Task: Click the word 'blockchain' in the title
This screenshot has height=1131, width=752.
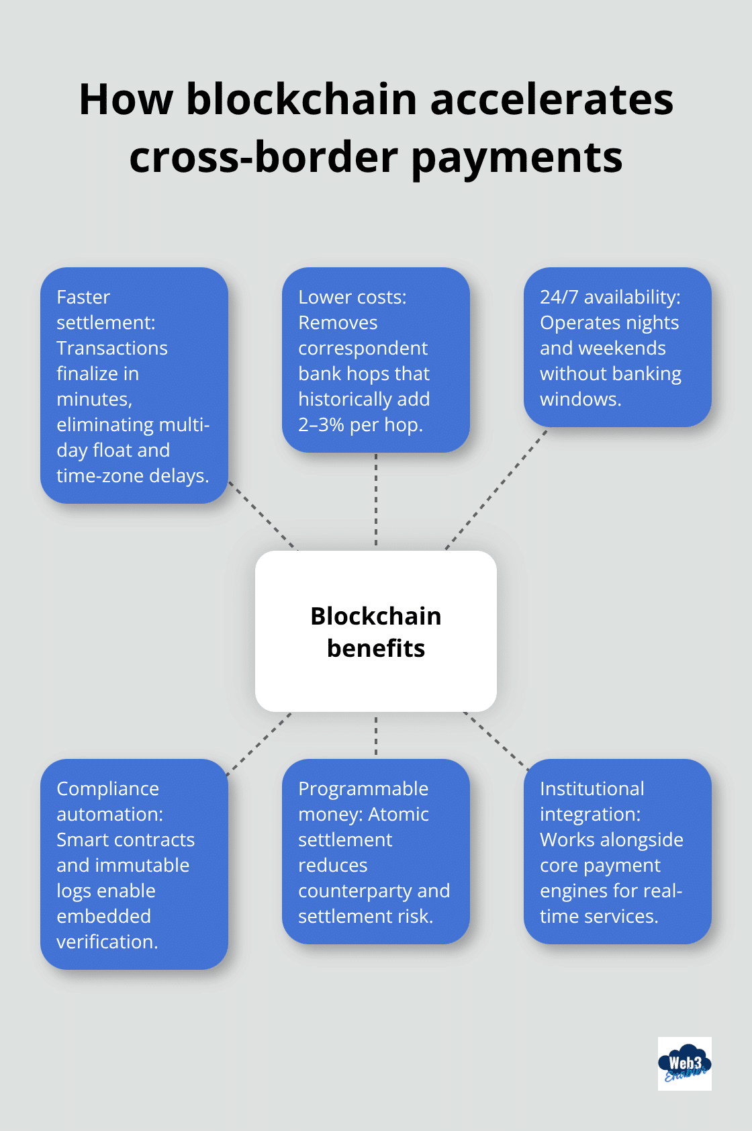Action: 301,99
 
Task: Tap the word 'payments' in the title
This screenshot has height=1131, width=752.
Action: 516,158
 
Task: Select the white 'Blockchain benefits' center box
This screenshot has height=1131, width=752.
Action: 376,631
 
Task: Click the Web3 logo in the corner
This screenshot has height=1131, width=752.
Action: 684,1063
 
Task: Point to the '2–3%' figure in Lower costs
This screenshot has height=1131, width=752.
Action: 321,424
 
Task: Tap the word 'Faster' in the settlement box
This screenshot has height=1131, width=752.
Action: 83,297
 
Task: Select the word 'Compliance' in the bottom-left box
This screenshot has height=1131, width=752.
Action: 107,788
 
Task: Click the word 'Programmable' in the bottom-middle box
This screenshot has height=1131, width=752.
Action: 363,788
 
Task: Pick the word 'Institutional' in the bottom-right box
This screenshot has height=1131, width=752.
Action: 592,788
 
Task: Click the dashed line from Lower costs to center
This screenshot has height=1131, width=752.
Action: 376,500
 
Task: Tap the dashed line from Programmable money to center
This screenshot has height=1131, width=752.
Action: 376,735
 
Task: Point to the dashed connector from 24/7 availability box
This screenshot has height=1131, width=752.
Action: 497,489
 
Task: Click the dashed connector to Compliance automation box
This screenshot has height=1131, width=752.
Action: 259,744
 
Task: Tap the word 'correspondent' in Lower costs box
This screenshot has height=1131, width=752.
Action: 363,348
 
